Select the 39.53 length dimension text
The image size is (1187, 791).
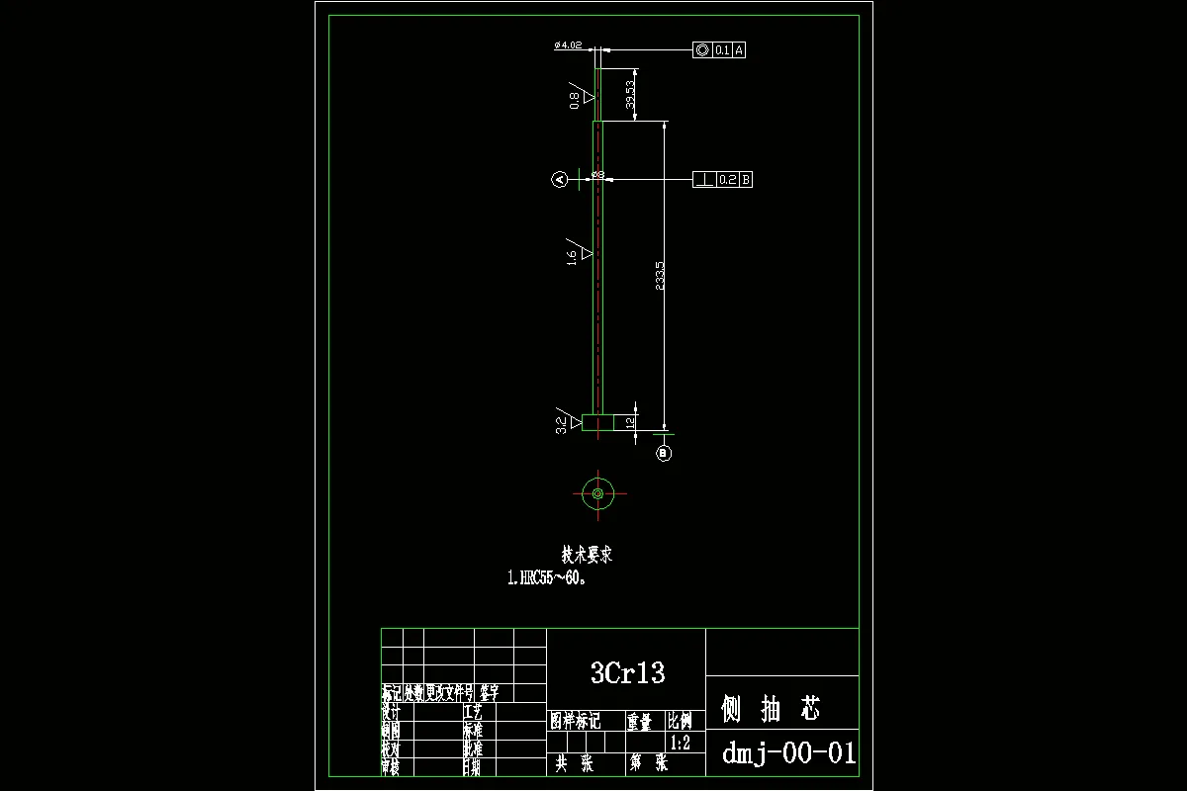[x=630, y=95]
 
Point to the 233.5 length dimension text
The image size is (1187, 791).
[x=660, y=276]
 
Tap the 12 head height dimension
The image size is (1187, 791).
[x=629, y=423]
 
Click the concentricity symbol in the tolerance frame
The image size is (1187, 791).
[x=702, y=49]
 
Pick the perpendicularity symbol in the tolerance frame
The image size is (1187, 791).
[x=703, y=179]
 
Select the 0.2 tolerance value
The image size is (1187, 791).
[x=727, y=179]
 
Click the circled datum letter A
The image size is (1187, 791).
[x=559, y=179]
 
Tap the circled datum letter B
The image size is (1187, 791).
[x=664, y=453]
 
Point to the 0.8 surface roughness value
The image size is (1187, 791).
[x=574, y=100]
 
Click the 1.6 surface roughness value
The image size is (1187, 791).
[x=572, y=258]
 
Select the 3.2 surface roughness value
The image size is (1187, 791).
[x=561, y=425]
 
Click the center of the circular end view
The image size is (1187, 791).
[x=597, y=492]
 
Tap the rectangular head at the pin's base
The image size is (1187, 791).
[x=597, y=423]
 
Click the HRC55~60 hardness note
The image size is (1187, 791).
[x=547, y=579]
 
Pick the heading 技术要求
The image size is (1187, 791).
[x=587, y=555]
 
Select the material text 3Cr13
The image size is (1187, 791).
[x=627, y=673]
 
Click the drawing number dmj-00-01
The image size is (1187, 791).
[x=788, y=753]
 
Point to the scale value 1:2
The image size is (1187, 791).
[x=681, y=744]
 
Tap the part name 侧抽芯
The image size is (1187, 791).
[x=771, y=708]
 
